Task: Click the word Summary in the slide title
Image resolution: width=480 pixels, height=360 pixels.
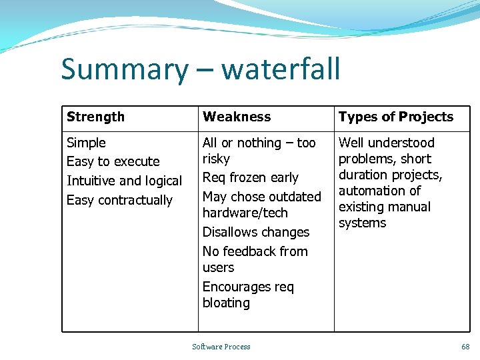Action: tap(125, 70)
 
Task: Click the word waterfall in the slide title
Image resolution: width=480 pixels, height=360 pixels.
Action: tap(281, 69)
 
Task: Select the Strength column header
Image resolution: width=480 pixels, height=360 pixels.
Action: tap(95, 117)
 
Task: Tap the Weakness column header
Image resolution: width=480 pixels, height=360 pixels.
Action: tap(237, 117)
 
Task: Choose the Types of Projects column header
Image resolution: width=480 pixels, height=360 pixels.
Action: tap(395, 117)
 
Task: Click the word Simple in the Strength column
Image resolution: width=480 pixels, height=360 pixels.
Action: tap(86, 143)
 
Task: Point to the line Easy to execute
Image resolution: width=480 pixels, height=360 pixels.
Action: tap(113, 162)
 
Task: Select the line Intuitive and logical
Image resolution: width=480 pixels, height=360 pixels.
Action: tap(124, 181)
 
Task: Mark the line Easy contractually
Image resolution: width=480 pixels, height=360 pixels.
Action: tap(119, 200)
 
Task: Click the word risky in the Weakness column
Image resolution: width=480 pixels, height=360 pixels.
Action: tap(216, 159)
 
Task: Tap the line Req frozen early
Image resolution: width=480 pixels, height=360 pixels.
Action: tap(250, 178)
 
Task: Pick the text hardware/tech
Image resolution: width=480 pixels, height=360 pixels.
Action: tap(245, 213)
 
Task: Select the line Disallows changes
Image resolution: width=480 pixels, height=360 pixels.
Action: tap(255, 233)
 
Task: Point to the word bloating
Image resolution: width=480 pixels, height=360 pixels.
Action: tap(226, 303)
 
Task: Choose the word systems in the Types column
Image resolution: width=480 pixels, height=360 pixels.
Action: tap(362, 223)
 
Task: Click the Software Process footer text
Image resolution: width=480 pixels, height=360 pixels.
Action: tap(221, 347)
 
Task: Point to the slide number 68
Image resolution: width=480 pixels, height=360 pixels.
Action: tap(465, 347)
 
